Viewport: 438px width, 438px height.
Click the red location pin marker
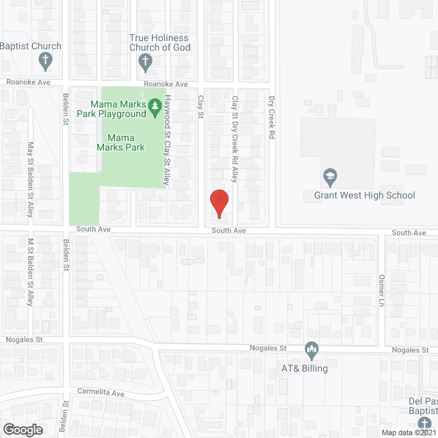pos(218,203)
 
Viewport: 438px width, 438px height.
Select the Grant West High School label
pos(364,196)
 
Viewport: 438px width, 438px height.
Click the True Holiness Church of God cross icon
pos(145,62)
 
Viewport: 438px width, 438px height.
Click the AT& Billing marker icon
pos(311,350)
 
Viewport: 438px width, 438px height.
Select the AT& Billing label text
pos(304,368)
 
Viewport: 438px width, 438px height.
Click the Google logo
pos(22,429)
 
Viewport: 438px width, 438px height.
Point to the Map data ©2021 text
pos(408,432)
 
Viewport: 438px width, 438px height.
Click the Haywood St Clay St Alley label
pos(166,140)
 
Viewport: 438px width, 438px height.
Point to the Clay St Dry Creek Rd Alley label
pos(235,140)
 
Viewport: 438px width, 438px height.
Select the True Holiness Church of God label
pos(160,43)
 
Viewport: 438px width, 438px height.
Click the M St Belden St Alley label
pos(30,272)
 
